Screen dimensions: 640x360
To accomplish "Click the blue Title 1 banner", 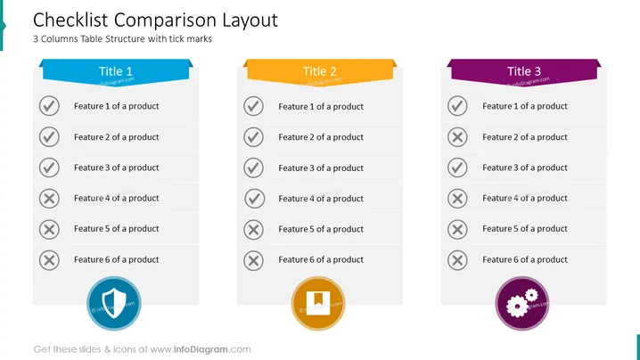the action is point(116,72).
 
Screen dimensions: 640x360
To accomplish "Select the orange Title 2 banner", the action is point(320,72).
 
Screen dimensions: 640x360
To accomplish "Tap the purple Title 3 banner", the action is point(524,72).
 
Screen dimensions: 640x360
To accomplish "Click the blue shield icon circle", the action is point(114,303).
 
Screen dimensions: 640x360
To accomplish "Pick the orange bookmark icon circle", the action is point(318,303).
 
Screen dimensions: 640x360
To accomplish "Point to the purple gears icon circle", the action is point(522,303).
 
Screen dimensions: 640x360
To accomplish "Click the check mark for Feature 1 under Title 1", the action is point(49,106).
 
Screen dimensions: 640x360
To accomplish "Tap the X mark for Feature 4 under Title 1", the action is point(49,199).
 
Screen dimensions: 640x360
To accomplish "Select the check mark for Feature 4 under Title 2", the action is point(254,199).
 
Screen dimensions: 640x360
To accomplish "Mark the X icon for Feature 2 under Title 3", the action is point(457,137).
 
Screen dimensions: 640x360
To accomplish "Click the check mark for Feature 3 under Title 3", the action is point(457,168).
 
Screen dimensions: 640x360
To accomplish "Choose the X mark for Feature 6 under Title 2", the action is point(253,260).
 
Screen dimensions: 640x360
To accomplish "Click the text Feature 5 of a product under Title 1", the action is point(117,229).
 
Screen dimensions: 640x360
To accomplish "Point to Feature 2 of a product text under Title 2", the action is point(321,137).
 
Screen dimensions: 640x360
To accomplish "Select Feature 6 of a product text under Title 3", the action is point(525,259).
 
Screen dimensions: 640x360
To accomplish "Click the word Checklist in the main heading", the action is point(70,20).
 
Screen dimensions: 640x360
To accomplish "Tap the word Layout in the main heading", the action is point(250,20).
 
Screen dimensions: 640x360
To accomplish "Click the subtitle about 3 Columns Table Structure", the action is point(122,39).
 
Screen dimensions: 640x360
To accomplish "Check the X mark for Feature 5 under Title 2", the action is point(253,229).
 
